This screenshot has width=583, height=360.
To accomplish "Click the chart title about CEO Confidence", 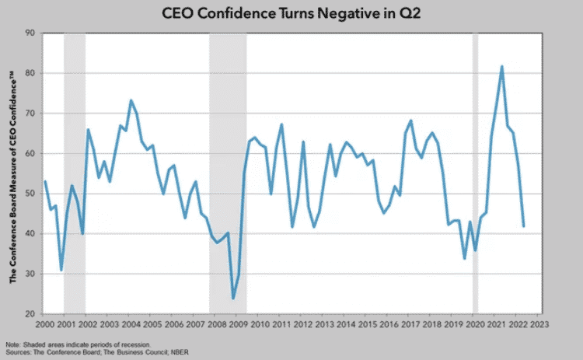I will tap(292, 13).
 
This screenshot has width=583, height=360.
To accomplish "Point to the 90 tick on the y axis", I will tap(30, 33).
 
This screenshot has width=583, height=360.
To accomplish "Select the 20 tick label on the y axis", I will tap(30, 314).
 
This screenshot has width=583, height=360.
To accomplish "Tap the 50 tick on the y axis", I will tap(30, 194).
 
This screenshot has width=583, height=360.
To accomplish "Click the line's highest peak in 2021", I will tap(501, 67).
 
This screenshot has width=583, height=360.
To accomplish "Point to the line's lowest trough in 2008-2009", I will tap(232, 298).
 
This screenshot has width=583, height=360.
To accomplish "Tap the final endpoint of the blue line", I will tap(523, 226).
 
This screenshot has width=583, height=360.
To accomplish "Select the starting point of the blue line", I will tap(44, 181).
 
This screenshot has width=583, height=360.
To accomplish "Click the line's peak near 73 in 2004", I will tap(131, 100).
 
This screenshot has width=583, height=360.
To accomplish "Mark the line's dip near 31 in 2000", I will tap(61, 270).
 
